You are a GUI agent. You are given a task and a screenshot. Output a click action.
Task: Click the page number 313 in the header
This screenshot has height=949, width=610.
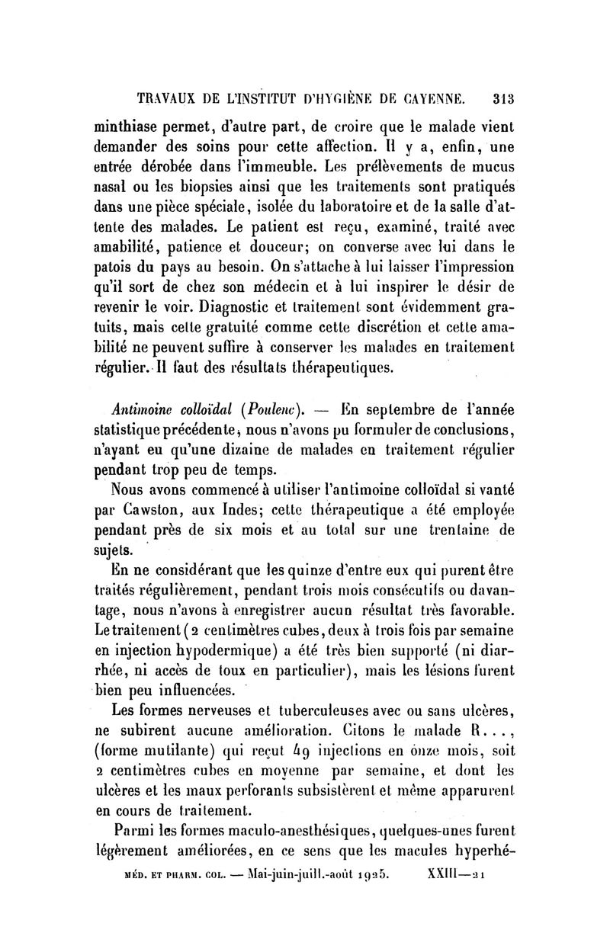point(506,98)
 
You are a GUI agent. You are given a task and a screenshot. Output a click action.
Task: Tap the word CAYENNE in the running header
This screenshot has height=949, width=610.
point(430,98)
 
